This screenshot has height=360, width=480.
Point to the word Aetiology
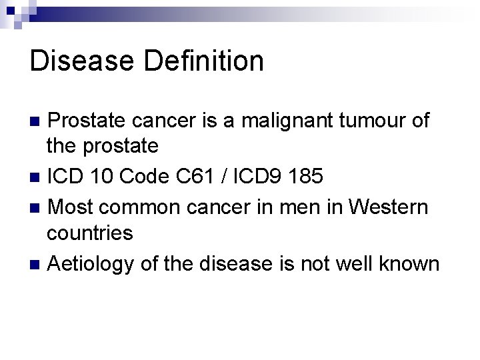pos(92,264)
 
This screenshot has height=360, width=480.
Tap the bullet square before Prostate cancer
pos(36,122)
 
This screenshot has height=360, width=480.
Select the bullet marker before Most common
pos(36,207)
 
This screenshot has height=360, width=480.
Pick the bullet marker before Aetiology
pos(36,264)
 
